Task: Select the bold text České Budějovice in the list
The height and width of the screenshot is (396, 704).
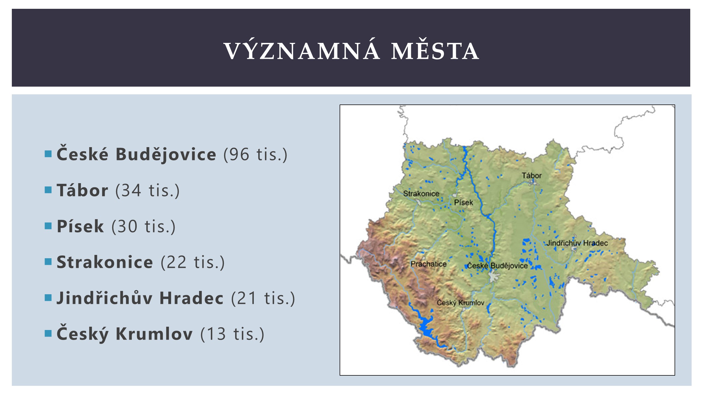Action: [x=136, y=154]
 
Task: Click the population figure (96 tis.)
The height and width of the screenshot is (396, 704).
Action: [x=255, y=155]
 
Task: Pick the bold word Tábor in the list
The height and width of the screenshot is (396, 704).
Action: [x=82, y=190]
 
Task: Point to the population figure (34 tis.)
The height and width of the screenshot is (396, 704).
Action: [x=147, y=191]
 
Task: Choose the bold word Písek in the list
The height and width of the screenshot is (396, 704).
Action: [x=80, y=226]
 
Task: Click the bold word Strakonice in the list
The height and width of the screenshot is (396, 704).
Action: [x=105, y=262]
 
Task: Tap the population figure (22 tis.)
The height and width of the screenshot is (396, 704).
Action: [x=193, y=262]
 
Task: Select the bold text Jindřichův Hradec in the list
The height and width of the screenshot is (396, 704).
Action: [x=140, y=298]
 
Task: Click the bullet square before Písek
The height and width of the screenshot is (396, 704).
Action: [x=48, y=226]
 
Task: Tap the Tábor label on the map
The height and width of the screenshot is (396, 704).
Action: [x=532, y=175]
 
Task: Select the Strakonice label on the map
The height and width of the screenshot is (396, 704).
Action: [x=421, y=194]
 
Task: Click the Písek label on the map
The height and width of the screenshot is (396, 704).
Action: [x=463, y=203]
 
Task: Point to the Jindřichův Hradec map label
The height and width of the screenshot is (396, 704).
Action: [x=577, y=243]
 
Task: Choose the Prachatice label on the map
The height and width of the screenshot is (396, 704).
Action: [x=428, y=264]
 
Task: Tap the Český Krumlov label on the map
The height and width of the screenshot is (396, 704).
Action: [x=460, y=303]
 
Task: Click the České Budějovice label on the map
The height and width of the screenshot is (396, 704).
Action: [x=497, y=266]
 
